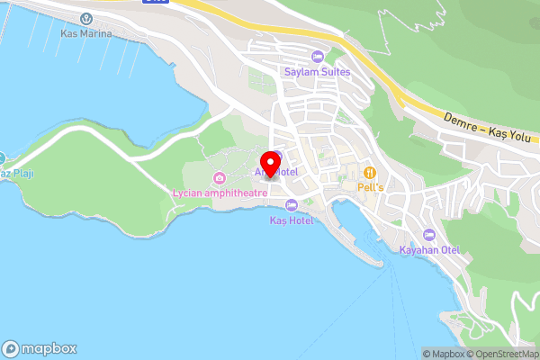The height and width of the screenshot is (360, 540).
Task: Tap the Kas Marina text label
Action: pyautogui.click(x=86, y=33)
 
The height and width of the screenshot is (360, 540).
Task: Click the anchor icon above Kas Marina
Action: pyautogui.click(x=86, y=19)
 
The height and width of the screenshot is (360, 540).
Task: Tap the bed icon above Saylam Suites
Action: pyautogui.click(x=316, y=56)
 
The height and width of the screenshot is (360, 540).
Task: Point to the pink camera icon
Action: pyautogui.click(x=219, y=176)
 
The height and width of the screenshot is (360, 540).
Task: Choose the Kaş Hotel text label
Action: pyautogui.click(x=292, y=220)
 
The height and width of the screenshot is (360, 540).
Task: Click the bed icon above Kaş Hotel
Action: pyautogui.click(x=292, y=205)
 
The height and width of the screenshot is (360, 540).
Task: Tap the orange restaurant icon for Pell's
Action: pyautogui.click(x=368, y=173)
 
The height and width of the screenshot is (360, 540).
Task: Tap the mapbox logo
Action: pyautogui.click(x=40, y=348)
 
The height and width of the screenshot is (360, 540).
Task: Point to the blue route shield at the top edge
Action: pyautogui.click(x=157, y=3)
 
